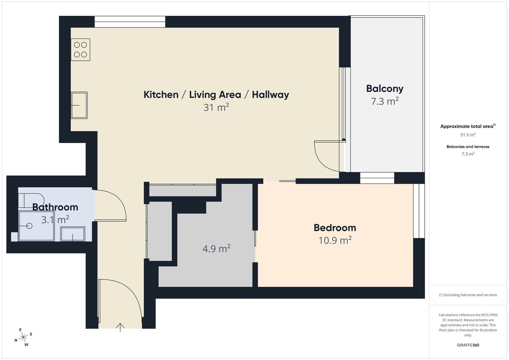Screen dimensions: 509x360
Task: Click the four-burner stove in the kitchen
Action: pos(80,50)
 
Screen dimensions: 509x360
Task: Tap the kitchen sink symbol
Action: pos(79,105)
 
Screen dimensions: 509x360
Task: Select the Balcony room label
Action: pos(385,89)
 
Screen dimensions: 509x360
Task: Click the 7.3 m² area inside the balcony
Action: pos(385,101)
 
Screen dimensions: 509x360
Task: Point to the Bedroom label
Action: pos(335,228)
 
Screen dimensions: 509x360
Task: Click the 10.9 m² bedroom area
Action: pos(335,240)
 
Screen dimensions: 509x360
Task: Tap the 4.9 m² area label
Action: pos(216,248)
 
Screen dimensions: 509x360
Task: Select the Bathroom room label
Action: pos(55,207)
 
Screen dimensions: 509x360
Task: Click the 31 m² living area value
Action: pos(216,107)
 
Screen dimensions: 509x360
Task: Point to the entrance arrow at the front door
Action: pos(120,327)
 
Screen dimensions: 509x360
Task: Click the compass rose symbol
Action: pos(24,337)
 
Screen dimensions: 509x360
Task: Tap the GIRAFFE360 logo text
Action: pos(468,345)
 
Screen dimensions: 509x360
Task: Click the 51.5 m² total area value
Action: pos(468,135)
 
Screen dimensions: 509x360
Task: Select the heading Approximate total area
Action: pos(468,126)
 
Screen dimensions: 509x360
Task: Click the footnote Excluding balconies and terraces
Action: pos(468,295)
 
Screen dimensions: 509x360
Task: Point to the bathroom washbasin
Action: pos(73,234)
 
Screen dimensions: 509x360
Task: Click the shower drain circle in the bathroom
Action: pos(29,226)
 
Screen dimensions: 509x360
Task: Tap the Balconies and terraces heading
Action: pos(468,147)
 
